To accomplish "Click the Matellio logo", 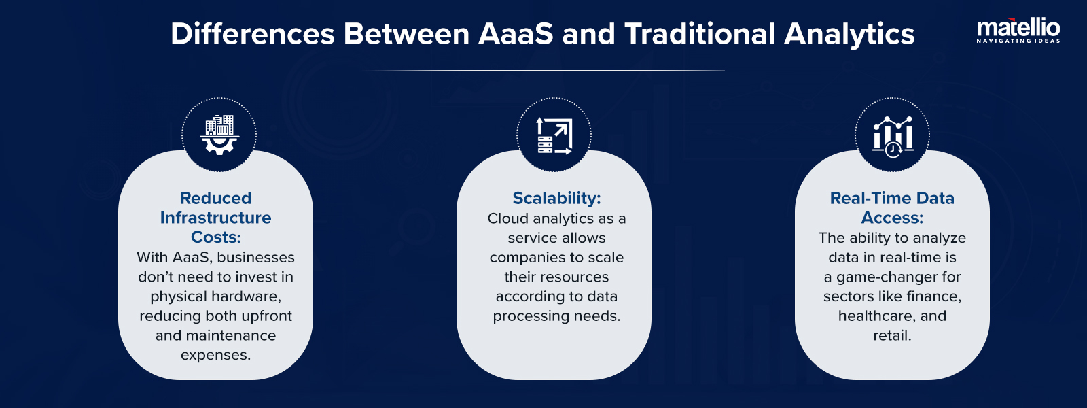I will pos(1018,28).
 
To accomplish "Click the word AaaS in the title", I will pos(516,34).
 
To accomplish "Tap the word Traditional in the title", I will pos(700,34).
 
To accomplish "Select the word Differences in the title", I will pos(253,34).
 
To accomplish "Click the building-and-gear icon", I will pos(219,135).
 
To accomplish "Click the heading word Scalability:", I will pos(556,198).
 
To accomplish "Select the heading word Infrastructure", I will pos(215,218).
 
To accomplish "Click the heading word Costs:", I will pos(215,237).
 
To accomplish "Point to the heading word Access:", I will pos(892,218).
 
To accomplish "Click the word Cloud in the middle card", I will pos(507,218).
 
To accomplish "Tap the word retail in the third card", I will pos(891,336).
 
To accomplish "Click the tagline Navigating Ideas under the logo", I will pos(1018,41).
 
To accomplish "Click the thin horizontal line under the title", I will pos(543,70).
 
